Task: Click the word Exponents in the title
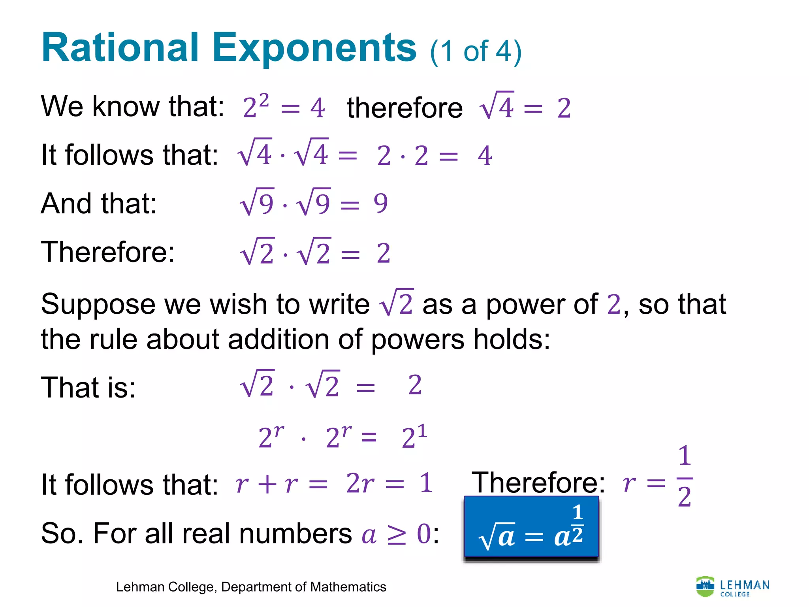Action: click(x=314, y=48)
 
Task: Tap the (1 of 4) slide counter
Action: click(x=476, y=52)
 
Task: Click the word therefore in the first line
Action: click(x=404, y=107)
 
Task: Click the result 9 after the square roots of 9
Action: click(x=381, y=204)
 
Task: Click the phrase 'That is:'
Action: click(x=88, y=387)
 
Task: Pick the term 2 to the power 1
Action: click(x=414, y=437)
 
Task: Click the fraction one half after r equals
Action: click(x=685, y=476)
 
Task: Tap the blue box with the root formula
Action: click(x=531, y=528)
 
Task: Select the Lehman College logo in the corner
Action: click(x=732, y=587)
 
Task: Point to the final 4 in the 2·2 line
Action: click(x=485, y=156)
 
